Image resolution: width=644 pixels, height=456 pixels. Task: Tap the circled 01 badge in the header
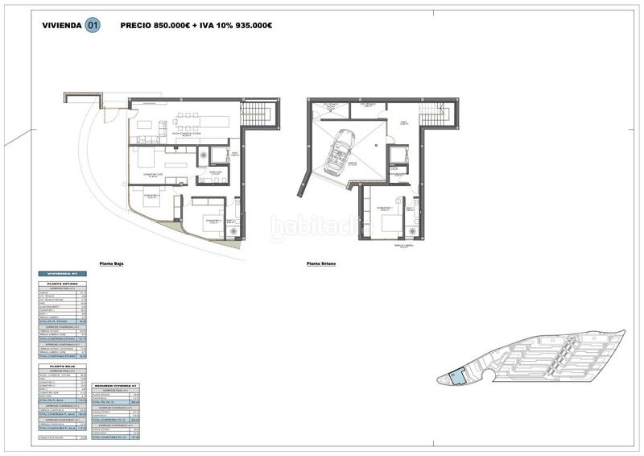pos(93,25)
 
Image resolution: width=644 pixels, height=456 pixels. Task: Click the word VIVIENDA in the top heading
pos(62,25)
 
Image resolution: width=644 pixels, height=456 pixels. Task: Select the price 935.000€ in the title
pos(251,25)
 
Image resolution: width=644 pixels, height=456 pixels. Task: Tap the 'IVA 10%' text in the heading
pos(213,25)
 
